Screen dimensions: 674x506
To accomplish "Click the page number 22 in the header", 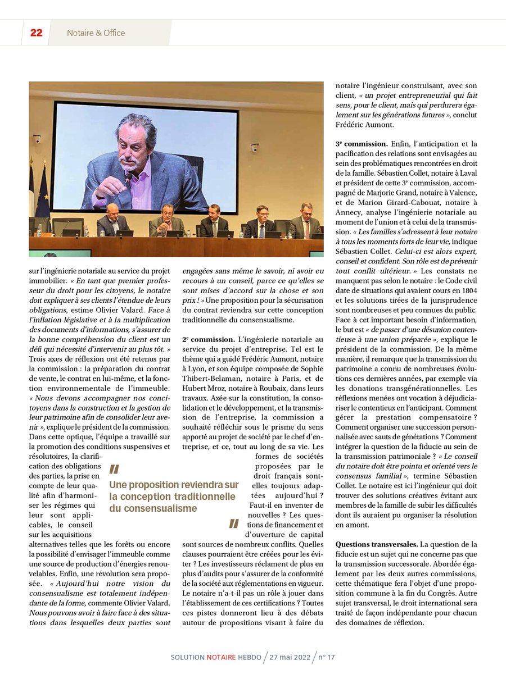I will coord(36,33).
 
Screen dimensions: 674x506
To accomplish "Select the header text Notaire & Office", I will coord(96,33).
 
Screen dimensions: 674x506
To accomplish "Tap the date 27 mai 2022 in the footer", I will coord(289,657).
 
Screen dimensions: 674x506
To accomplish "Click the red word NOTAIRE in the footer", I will coord(222,657).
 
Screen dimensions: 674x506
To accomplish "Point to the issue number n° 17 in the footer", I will coord(326,657).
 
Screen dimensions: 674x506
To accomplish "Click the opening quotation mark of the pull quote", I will coord(114,469).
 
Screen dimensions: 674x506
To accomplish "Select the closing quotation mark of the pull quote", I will coord(234,524).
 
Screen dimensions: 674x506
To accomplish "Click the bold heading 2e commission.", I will coord(208,339).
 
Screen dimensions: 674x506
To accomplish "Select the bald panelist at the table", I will coord(112,212).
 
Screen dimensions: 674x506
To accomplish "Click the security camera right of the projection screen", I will coord(254,148).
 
